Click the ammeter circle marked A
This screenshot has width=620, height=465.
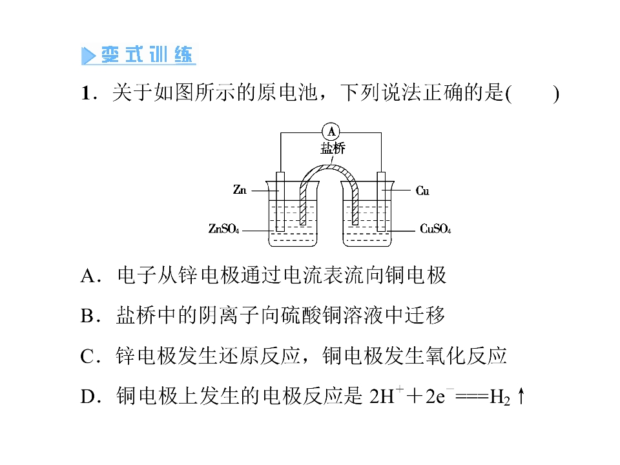pyautogui.click(x=331, y=132)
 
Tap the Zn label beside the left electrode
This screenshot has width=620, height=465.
pyautogui.click(x=240, y=190)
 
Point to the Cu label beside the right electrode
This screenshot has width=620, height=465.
pyautogui.click(x=422, y=191)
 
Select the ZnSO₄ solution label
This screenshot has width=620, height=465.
pyautogui.click(x=224, y=229)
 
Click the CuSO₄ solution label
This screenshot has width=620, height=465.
pyautogui.click(x=435, y=229)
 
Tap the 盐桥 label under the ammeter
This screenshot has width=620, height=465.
pyautogui.click(x=333, y=149)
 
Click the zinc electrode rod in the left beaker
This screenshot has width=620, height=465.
pyautogui.click(x=280, y=201)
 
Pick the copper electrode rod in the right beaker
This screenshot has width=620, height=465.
pyautogui.click(x=381, y=201)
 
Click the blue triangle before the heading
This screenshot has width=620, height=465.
pyautogui.click(x=88, y=56)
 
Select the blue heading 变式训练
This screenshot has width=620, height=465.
pyautogui.click(x=147, y=54)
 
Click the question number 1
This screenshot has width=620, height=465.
pyautogui.click(x=86, y=94)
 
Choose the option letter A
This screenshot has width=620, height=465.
pyautogui.click(x=88, y=276)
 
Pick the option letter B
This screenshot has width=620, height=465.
pyautogui.click(x=87, y=316)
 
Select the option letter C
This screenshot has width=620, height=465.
pyautogui.click(x=87, y=356)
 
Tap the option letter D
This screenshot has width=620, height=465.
pyautogui.click(x=87, y=397)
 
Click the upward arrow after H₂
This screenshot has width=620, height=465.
pyautogui.click(x=521, y=396)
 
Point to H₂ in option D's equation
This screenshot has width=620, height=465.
pyautogui.click(x=500, y=397)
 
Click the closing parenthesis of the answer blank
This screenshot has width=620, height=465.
pyautogui.click(x=556, y=94)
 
